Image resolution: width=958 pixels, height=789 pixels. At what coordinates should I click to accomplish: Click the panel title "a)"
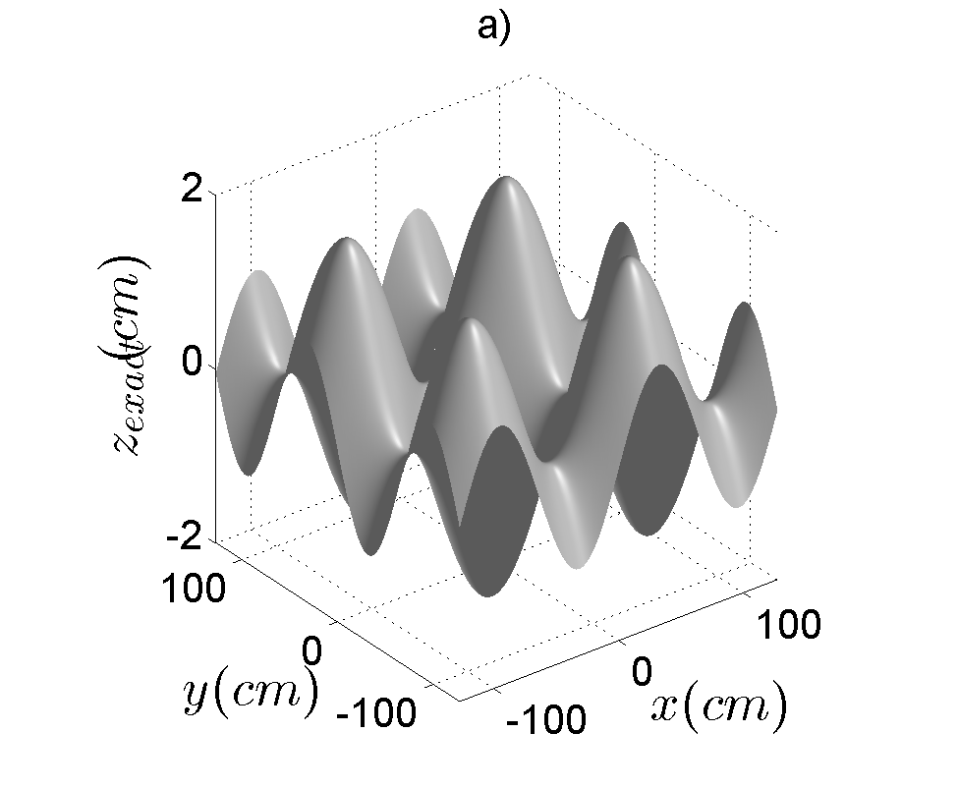point(493,28)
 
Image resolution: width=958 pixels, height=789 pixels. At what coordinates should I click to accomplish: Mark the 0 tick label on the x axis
point(643,672)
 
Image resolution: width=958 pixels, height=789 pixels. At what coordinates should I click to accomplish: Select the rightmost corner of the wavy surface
point(776,413)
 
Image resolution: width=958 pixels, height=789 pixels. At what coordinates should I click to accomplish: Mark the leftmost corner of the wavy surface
point(217,366)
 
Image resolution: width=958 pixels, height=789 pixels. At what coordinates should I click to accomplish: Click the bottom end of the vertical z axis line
point(216,539)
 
